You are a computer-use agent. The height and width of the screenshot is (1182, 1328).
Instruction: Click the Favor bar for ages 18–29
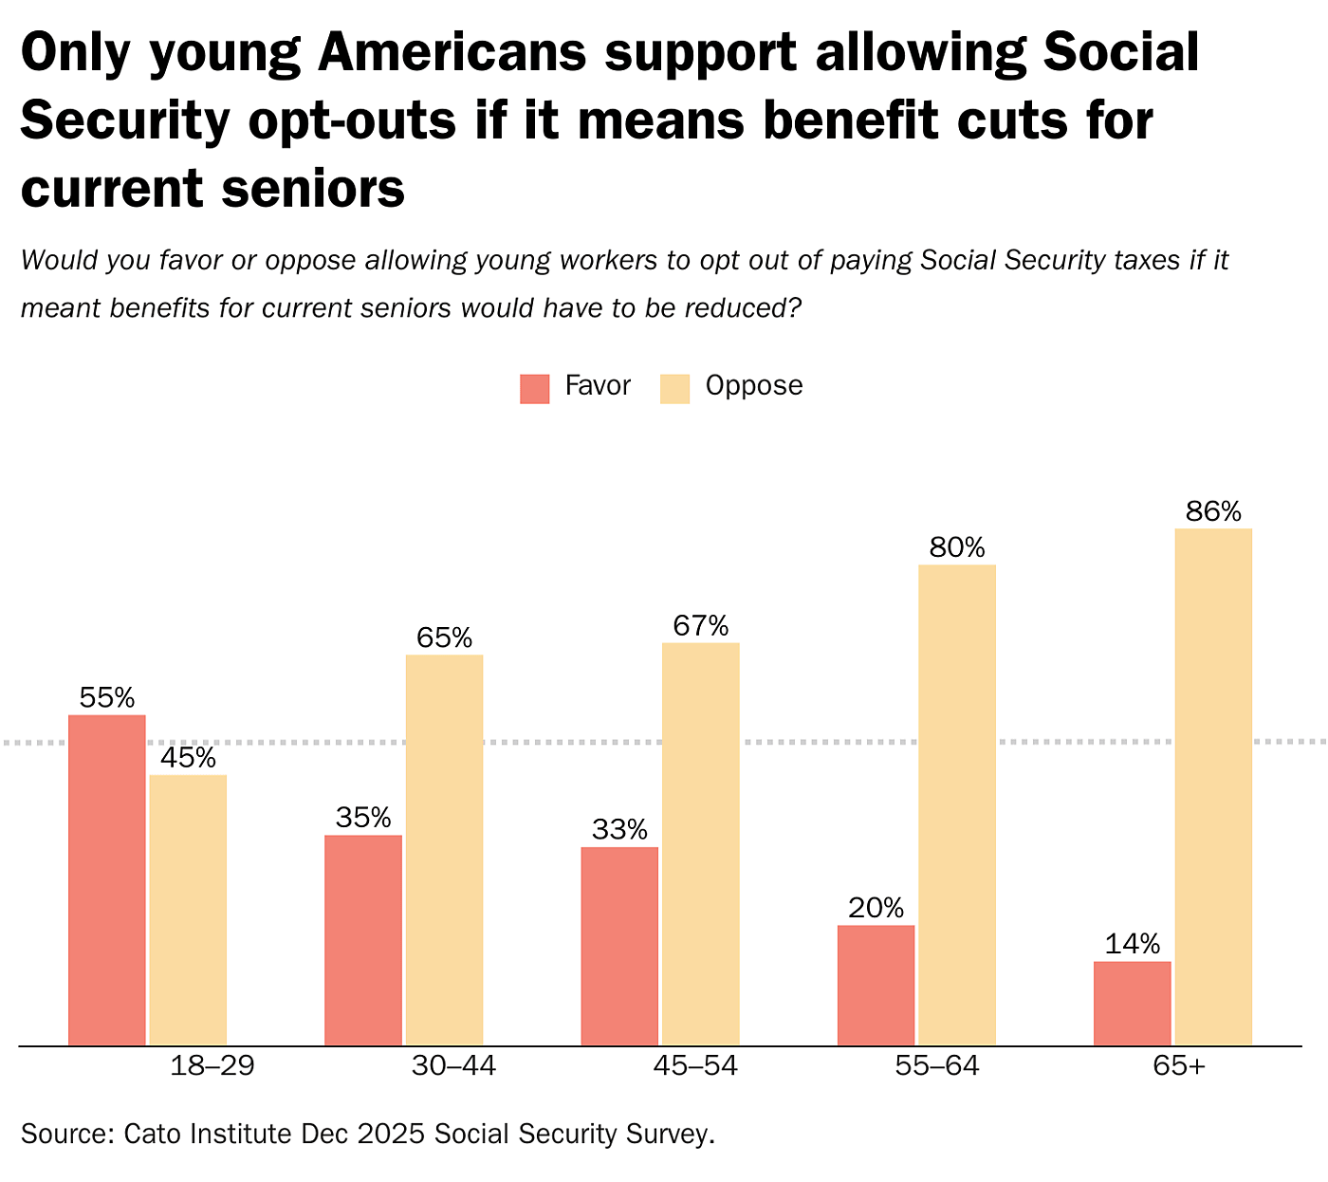point(107,879)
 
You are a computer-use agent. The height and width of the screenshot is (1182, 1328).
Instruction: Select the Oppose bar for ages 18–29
point(188,910)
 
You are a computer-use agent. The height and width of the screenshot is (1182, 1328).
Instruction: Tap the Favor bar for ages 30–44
point(363,940)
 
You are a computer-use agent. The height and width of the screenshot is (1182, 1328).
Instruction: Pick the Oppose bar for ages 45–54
point(701,844)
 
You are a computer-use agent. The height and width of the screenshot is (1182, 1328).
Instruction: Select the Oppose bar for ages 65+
point(1213,786)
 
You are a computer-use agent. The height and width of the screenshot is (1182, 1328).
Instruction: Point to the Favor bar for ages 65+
point(1133,1003)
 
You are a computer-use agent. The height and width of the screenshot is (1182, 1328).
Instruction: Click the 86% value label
point(1213,512)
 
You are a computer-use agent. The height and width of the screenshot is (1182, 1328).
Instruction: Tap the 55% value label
point(107,698)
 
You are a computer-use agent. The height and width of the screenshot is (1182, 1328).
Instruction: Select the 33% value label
point(619,830)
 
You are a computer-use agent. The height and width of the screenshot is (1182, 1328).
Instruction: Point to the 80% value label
point(957,548)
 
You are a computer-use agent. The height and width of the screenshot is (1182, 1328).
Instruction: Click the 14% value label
point(1133,945)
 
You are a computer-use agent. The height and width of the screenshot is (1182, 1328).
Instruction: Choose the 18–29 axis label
point(212,1066)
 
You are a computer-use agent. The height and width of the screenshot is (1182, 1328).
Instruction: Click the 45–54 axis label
point(695,1066)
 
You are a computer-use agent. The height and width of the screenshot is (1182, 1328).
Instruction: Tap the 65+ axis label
point(1179,1066)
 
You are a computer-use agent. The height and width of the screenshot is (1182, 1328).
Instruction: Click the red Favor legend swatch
point(535,389)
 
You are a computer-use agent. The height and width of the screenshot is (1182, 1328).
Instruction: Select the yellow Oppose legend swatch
point(675,389)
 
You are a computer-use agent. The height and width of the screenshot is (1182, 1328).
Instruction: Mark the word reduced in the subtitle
point(739,308)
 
